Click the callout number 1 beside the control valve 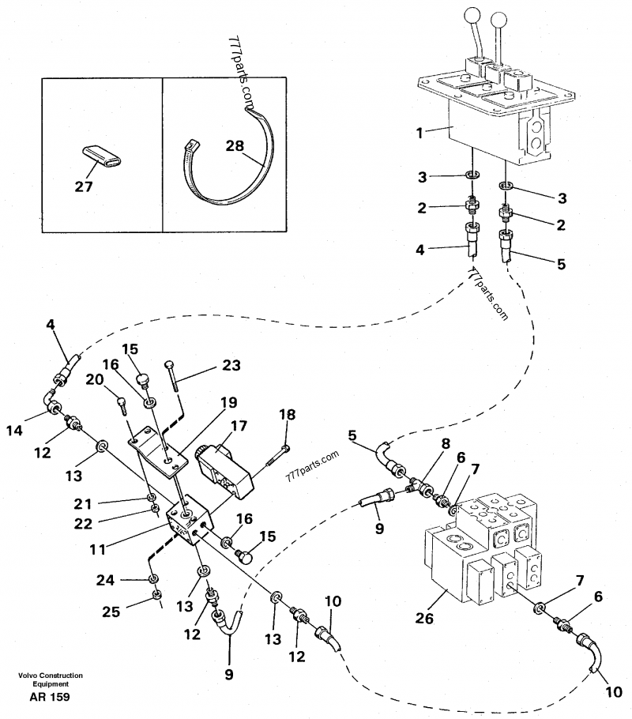pyautogui.click(x=419, y=134)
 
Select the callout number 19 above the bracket pyautogui.click(x=228, y=401)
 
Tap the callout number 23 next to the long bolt pyautogui.click(x=230, y=366)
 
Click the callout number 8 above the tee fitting pyautogui.click(x=446, y=443)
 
